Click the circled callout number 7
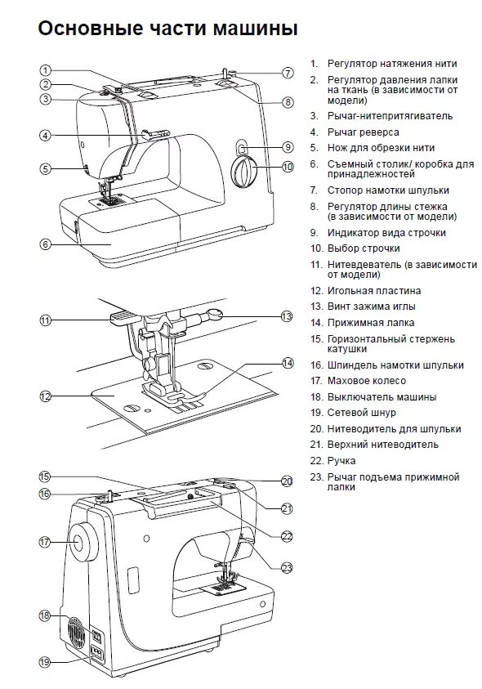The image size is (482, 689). tap(288, 73)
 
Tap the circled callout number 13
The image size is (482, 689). tap(287, 316)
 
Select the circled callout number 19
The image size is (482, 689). tap(45, 662)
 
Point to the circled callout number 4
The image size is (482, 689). tap(45, 136)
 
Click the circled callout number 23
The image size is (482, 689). tap(287, 568)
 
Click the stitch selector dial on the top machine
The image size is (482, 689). tap(243, 172)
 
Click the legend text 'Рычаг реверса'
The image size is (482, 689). tap(363, 132)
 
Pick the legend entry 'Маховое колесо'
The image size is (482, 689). tap(367, 381)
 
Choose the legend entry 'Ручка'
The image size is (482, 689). tap(341, 461)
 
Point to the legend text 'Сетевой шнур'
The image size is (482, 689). tap(362, 413)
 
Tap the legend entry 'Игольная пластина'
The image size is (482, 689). tap(374, 291)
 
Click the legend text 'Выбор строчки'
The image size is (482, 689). tap(364, 248)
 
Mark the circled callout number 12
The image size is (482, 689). tap(45, 396)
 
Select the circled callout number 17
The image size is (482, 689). tap(45, 542)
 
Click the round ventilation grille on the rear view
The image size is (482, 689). tap(77, 632)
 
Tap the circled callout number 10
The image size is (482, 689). tap(288, 167)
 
